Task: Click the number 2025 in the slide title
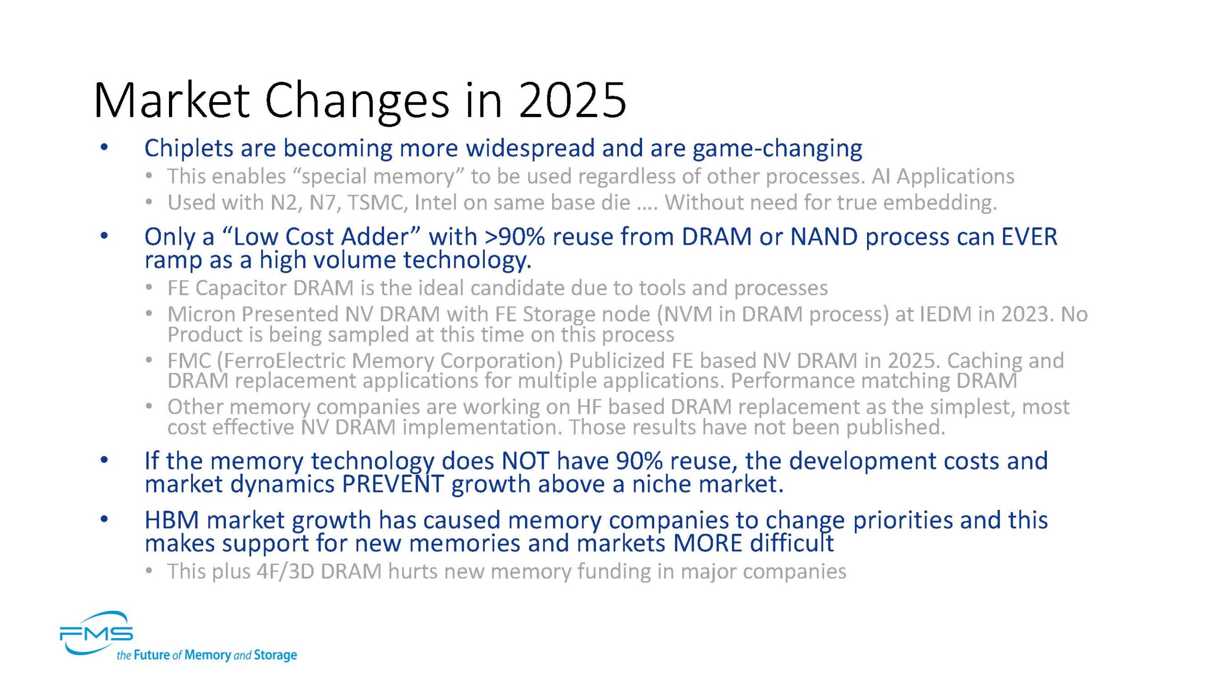tap(572, 100)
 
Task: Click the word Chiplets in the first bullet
tap(189, 148)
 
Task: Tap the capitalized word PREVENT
tap(393, 484)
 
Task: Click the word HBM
tap(171, 520)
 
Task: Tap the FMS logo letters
tap(96, 634)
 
